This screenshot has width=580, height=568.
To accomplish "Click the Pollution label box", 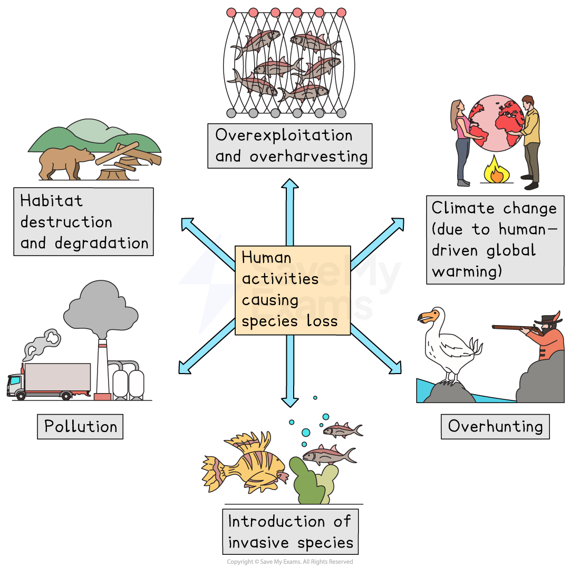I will tap(80, 426).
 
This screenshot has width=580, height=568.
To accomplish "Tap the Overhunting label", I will tap(495, 426).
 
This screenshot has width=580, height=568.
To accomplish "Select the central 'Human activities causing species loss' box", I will tap(292, 289).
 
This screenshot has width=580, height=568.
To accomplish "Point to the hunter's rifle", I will tap(514, 327).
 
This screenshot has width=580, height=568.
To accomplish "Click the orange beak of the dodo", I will tap(428, 317).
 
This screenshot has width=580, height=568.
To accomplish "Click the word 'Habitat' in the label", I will tap(51, 201).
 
